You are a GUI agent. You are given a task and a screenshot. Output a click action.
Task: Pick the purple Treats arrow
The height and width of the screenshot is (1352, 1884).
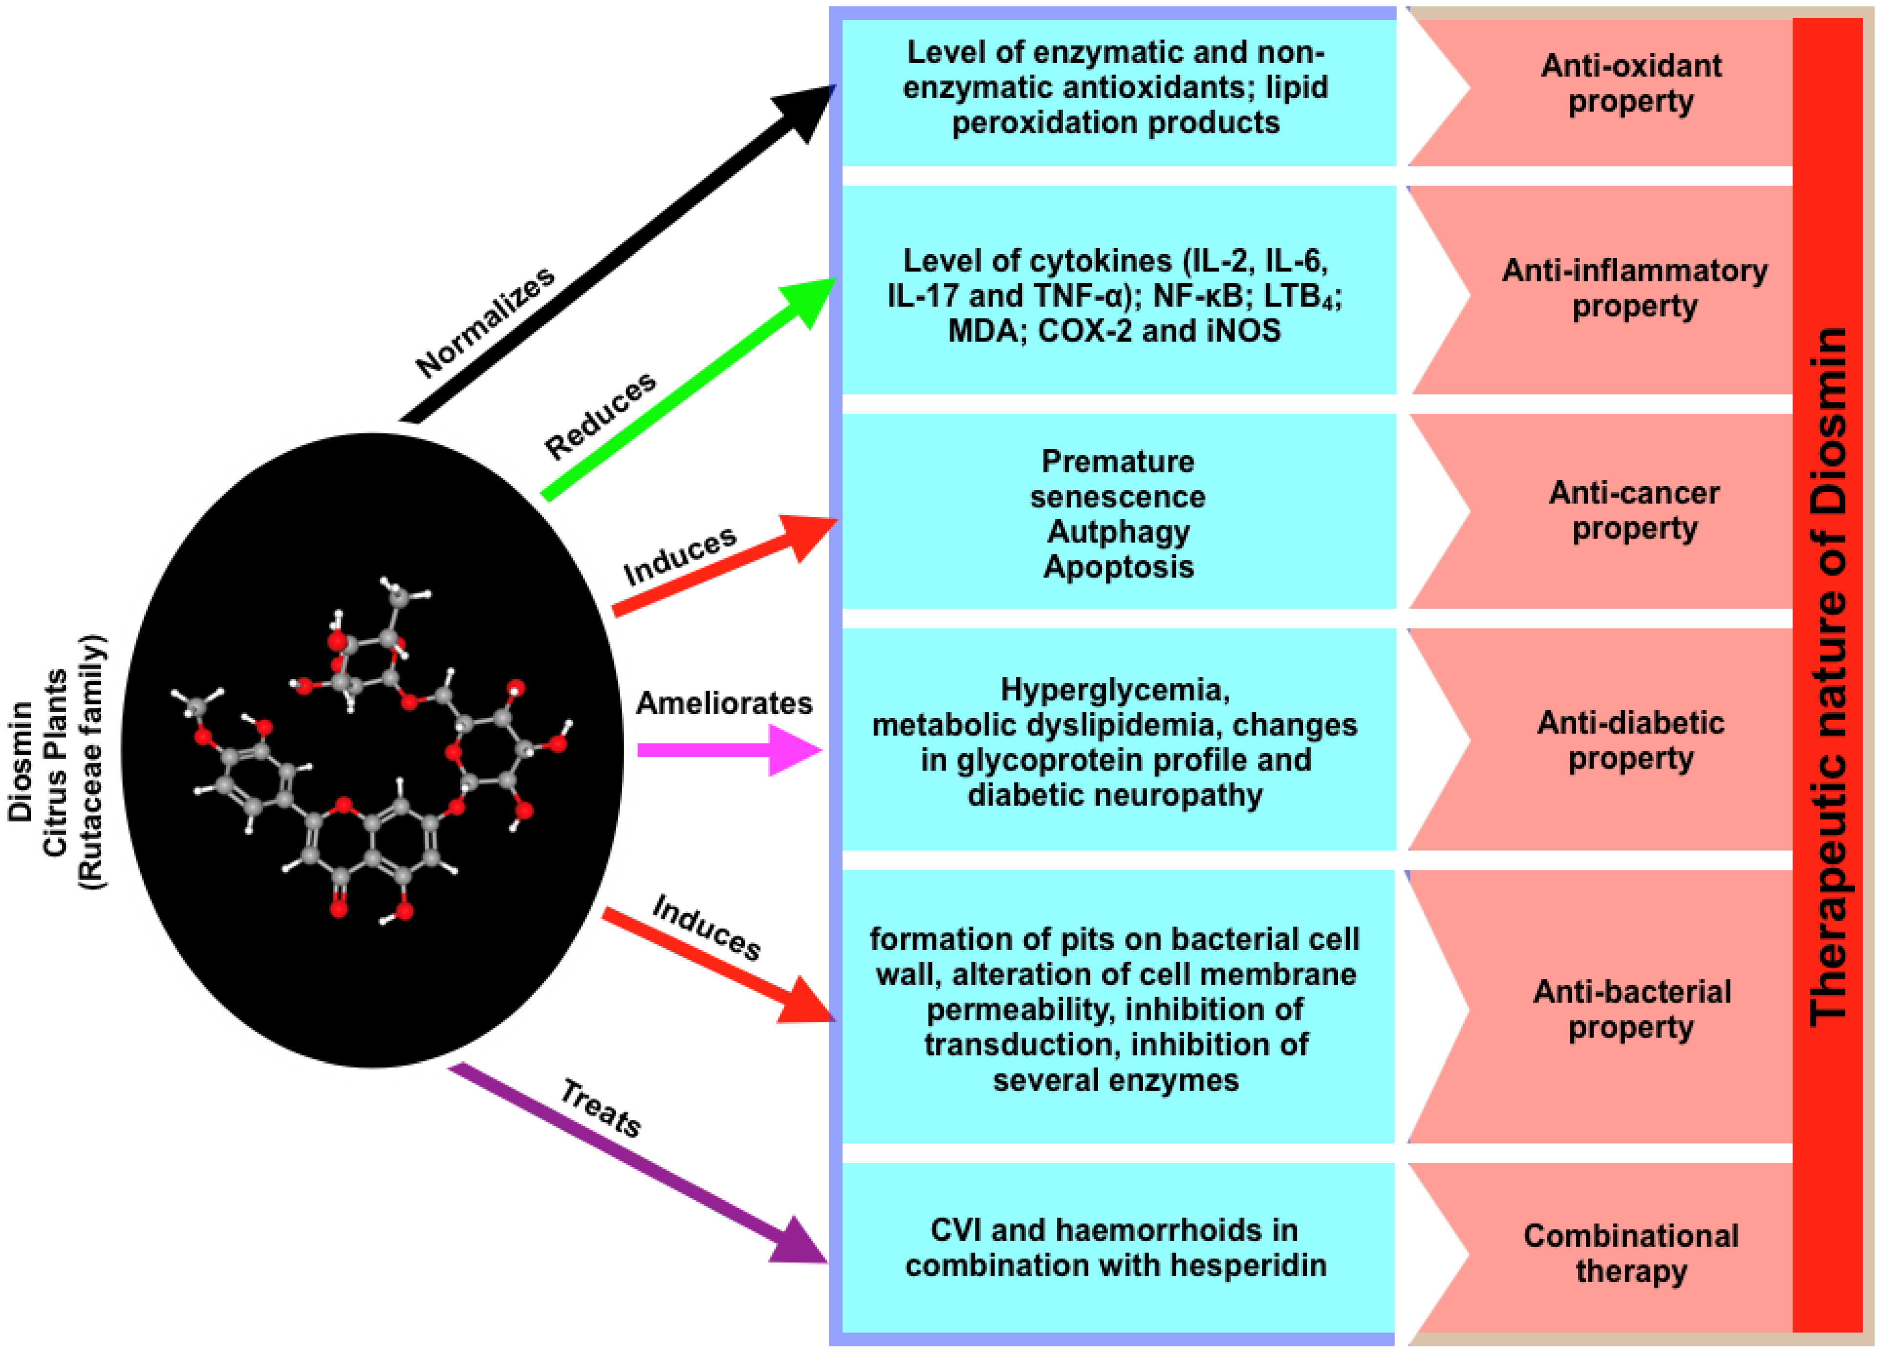pyautogui.click(x=631, y=1162)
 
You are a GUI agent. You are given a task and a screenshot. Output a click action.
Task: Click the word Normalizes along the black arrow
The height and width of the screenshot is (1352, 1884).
pyautogui.click(x=485, y=322)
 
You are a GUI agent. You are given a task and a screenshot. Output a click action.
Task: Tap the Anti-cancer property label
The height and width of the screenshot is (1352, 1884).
pyautogui.click(x=1633, y=510)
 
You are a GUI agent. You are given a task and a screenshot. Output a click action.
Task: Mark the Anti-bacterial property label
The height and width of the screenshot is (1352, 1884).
pyautogui.click(x=1631, y=1009)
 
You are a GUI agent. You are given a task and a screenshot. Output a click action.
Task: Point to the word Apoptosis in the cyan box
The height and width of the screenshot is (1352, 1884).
pyautogui.click(x=1118, y=567)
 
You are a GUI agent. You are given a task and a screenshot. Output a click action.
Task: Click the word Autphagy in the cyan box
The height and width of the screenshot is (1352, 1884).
pyautogui.click(x=1118, y=531)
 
